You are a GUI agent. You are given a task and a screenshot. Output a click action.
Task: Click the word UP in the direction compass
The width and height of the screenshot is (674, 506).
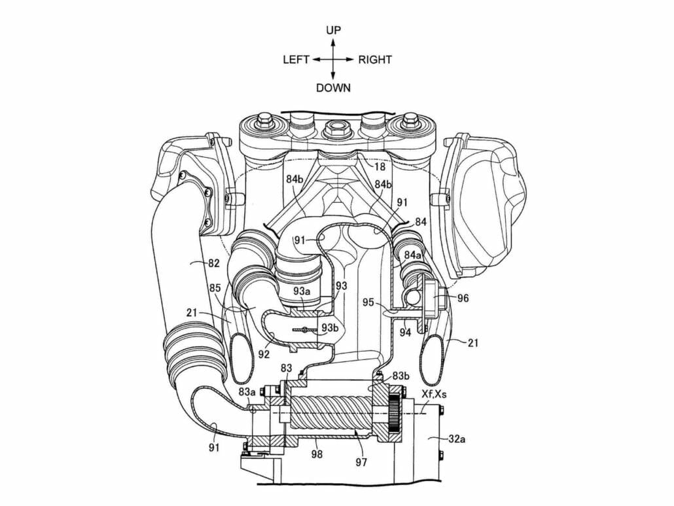tap(333, 30)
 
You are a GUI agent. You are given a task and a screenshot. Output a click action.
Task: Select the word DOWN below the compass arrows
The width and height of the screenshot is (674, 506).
tap(333, 88)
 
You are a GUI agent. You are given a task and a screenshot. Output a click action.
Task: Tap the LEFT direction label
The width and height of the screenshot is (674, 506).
tap(296, 60)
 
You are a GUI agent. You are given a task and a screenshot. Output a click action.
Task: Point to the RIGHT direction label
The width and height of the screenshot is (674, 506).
tap(375, 60)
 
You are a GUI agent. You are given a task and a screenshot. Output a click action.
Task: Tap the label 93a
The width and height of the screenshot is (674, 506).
tap(302, 291)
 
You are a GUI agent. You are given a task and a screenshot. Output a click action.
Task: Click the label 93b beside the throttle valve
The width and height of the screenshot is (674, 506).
tap(330, 328)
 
